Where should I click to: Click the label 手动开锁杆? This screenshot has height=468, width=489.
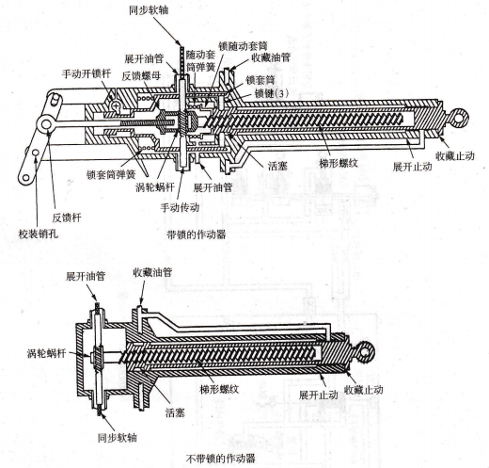tap(87, 74)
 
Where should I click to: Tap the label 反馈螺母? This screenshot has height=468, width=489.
tap(141, 75)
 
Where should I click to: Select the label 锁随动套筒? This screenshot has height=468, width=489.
tap(243, 46)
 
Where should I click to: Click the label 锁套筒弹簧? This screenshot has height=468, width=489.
tap(111, 174)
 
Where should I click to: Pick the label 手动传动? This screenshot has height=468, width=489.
tap(180, 207)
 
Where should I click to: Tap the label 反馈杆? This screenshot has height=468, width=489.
tap(67, 218)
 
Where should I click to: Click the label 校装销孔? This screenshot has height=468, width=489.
tap(39, 234)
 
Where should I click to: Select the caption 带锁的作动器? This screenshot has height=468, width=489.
tap(197, 234)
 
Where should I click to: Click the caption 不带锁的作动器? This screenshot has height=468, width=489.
tap(221, 459)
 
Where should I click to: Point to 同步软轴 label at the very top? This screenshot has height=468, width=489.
tap(149, 10)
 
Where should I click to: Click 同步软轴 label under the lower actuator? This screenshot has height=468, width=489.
tap(118, 438)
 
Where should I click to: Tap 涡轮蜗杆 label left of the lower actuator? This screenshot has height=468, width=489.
tap(47, 353)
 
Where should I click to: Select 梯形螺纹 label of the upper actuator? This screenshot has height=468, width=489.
tap(339, 163)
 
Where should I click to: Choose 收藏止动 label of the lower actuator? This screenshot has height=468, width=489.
tap(364, 390)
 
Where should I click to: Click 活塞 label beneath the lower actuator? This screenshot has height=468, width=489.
tap(175, 412)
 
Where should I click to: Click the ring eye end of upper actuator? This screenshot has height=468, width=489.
tap(459, 118)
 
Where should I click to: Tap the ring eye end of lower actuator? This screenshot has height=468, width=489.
tap(365, 352)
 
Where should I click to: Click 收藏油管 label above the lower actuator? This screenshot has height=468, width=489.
tap(152, 272)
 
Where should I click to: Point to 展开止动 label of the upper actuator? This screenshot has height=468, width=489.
tap(413, 167)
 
